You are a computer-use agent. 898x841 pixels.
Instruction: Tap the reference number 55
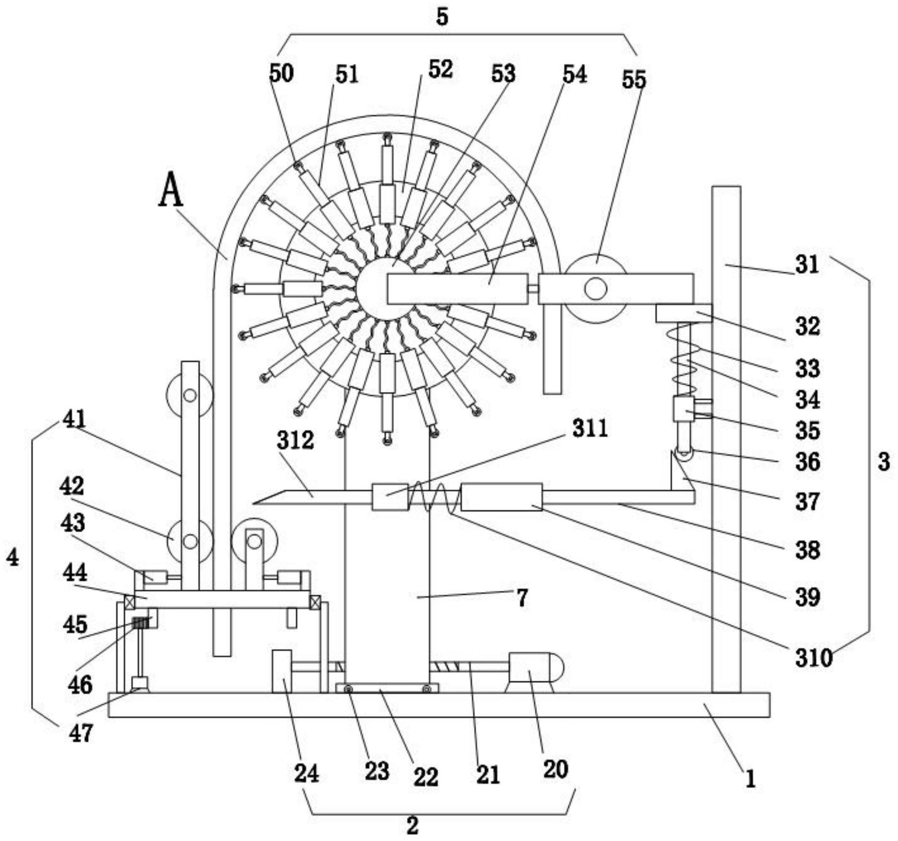(634, 79)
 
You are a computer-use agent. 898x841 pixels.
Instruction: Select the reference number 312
(295, 439)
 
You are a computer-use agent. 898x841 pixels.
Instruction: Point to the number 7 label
(522, 597)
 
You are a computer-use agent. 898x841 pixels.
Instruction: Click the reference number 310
(813, 658)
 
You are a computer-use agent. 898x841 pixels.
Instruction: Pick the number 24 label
(306, 773)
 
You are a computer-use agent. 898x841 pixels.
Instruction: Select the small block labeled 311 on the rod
(390, 497)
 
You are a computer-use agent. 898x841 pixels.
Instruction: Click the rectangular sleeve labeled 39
(501, 497)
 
